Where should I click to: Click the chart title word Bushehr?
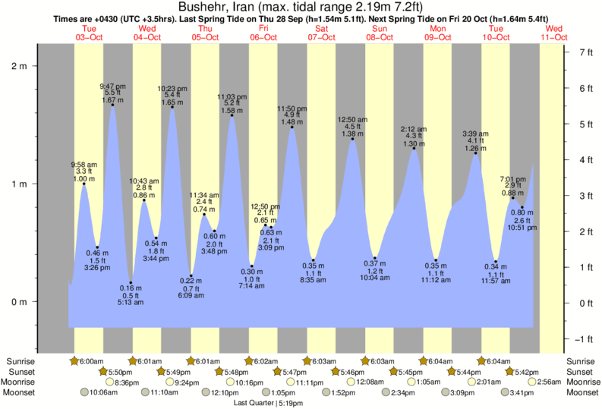pyautogui.click(x=213, y=8)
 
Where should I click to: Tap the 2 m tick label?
pyautogui.click(x=18, y=66)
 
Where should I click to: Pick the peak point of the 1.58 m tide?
pyautogui.click(x=232, y=115)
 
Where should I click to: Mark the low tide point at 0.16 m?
pyautogui.click(x=131, y=282)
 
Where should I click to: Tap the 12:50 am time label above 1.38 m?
pyautogui.click(x=352, y=119)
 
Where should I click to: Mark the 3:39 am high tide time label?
pyautogui.click(x=476, y=134)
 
